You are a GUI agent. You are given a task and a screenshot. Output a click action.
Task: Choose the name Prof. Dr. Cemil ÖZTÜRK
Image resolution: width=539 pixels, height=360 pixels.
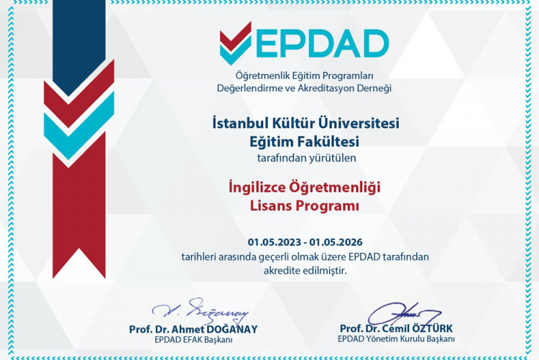(x=397, y=329)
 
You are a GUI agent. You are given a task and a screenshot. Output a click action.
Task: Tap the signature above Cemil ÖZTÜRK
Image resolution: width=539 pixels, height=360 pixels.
(x=403, y=313)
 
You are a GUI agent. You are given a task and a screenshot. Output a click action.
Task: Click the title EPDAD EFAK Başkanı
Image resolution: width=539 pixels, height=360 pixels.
(x=192, y=340)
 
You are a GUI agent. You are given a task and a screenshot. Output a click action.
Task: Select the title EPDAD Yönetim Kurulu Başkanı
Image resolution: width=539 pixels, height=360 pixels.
(x=397, y=340)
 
